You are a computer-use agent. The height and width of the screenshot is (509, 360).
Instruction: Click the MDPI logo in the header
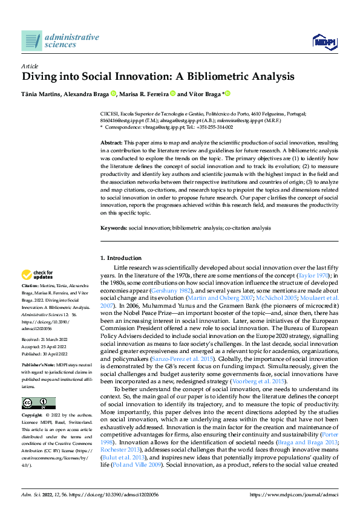pyautogui.click(x=324, y=41)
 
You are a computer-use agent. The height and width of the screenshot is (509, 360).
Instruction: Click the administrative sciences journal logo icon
pyautogui.click(x=31, y=41)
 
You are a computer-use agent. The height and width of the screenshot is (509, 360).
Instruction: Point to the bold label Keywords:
pyautogui.click(x=114, y=227)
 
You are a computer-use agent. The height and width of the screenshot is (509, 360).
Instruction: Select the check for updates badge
pyautogui.click(x=38, y=274)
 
